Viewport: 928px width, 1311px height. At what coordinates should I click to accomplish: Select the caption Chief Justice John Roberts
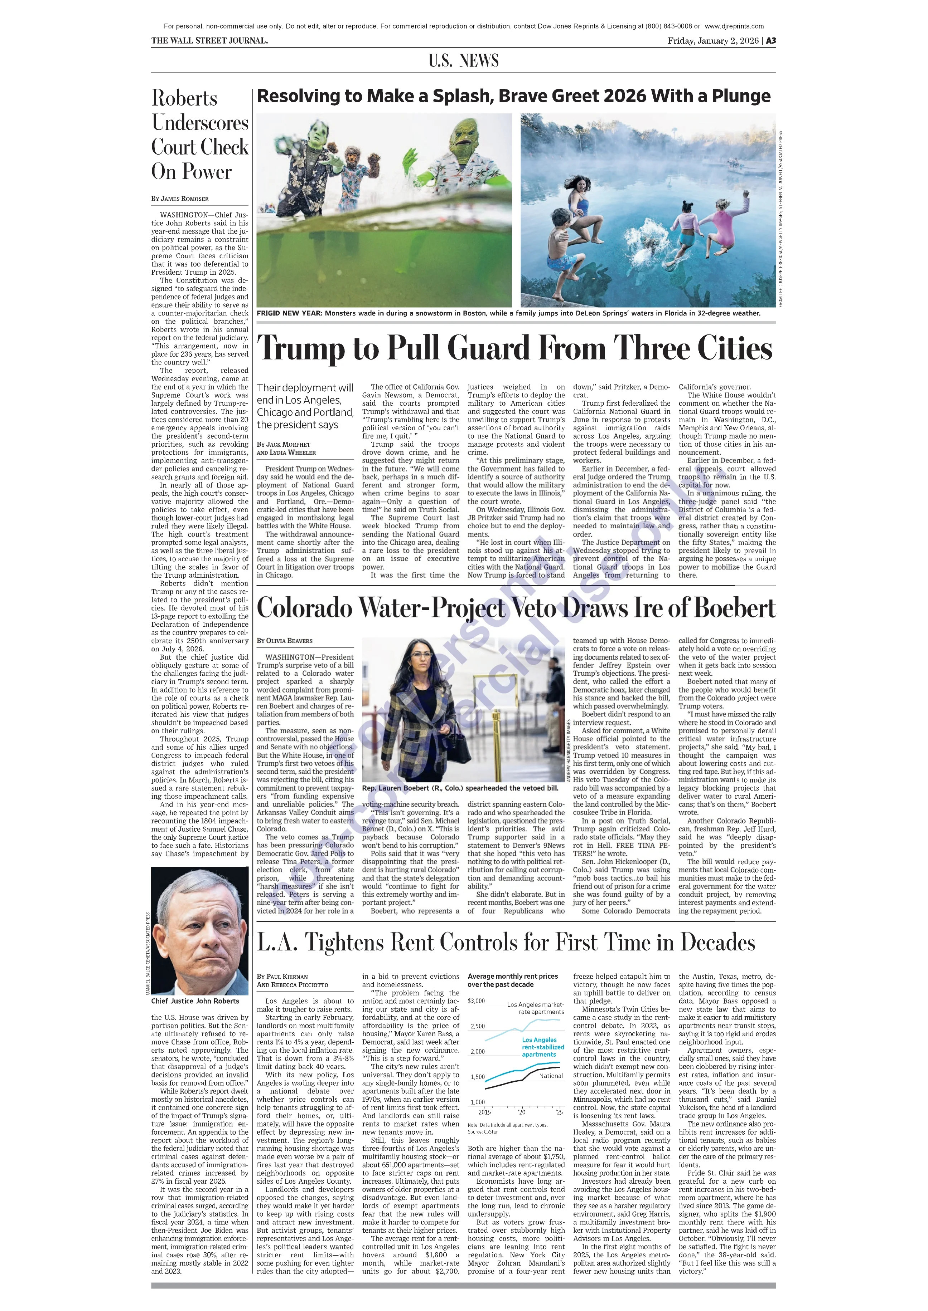pyautogui.click(x=195, y=1001)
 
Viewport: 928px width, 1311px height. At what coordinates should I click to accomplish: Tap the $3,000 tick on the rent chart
pyautogui.click(x=476, y=1001)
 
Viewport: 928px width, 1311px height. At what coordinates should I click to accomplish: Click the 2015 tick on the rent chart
pyautogui.click(x=484, y=1112)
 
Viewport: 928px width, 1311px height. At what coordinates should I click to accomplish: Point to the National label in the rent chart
pyautogui.click(x=551, y=1076)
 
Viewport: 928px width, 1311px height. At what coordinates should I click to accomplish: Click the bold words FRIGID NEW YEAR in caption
pyautogui.click(x=290, y=313)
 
